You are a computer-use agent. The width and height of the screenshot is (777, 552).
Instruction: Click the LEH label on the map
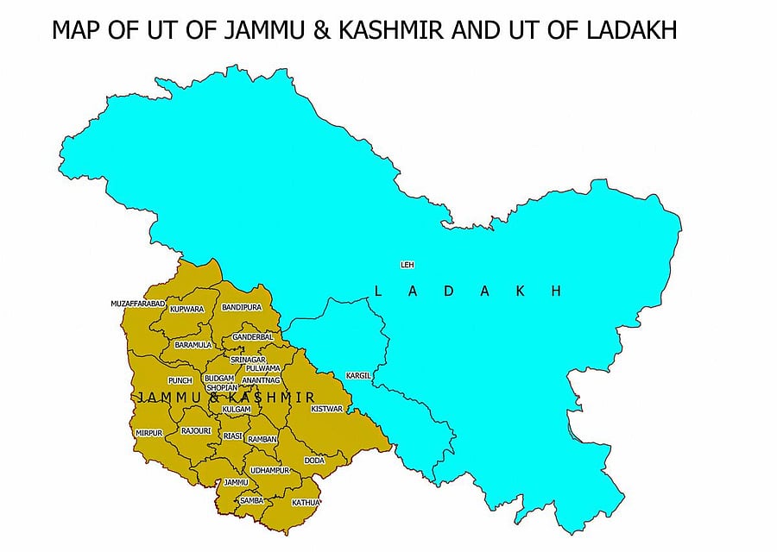click(x=406, y=265)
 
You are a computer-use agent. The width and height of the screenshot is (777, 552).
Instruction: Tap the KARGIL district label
click(x=358, y=376)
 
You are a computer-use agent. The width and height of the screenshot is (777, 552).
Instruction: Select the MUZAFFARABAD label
click(x=137, y=304)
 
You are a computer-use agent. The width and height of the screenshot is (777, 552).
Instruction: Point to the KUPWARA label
click(x=186, y=308)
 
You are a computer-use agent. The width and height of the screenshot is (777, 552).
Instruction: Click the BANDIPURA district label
click(x=242, y=307)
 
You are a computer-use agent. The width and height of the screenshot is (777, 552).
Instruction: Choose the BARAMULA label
click(x=193, y=344)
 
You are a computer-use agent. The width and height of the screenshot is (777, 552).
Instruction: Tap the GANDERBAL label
click(x=252, y=336)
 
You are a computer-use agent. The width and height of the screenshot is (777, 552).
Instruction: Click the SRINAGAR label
click(x=248, y=359)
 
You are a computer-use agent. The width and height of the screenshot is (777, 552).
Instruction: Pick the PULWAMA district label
click(x=263, y=368)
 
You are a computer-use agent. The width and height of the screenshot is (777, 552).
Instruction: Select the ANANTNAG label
click(x=261, y=379)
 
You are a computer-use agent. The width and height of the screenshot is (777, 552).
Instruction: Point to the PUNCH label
click(x=180, y=379)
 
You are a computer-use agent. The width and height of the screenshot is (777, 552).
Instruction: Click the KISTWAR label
click(x=327, y=408)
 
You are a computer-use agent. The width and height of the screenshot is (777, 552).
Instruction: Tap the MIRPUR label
click(x=148, y=432)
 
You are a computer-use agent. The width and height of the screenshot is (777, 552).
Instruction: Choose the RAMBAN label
click(x=262, y=439)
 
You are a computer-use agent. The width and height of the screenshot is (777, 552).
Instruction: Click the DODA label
click(x=314, y=461)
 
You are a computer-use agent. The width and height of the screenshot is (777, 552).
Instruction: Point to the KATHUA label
click(x=306, y=502)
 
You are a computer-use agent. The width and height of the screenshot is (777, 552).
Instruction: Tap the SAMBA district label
click(x=252, y=500)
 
